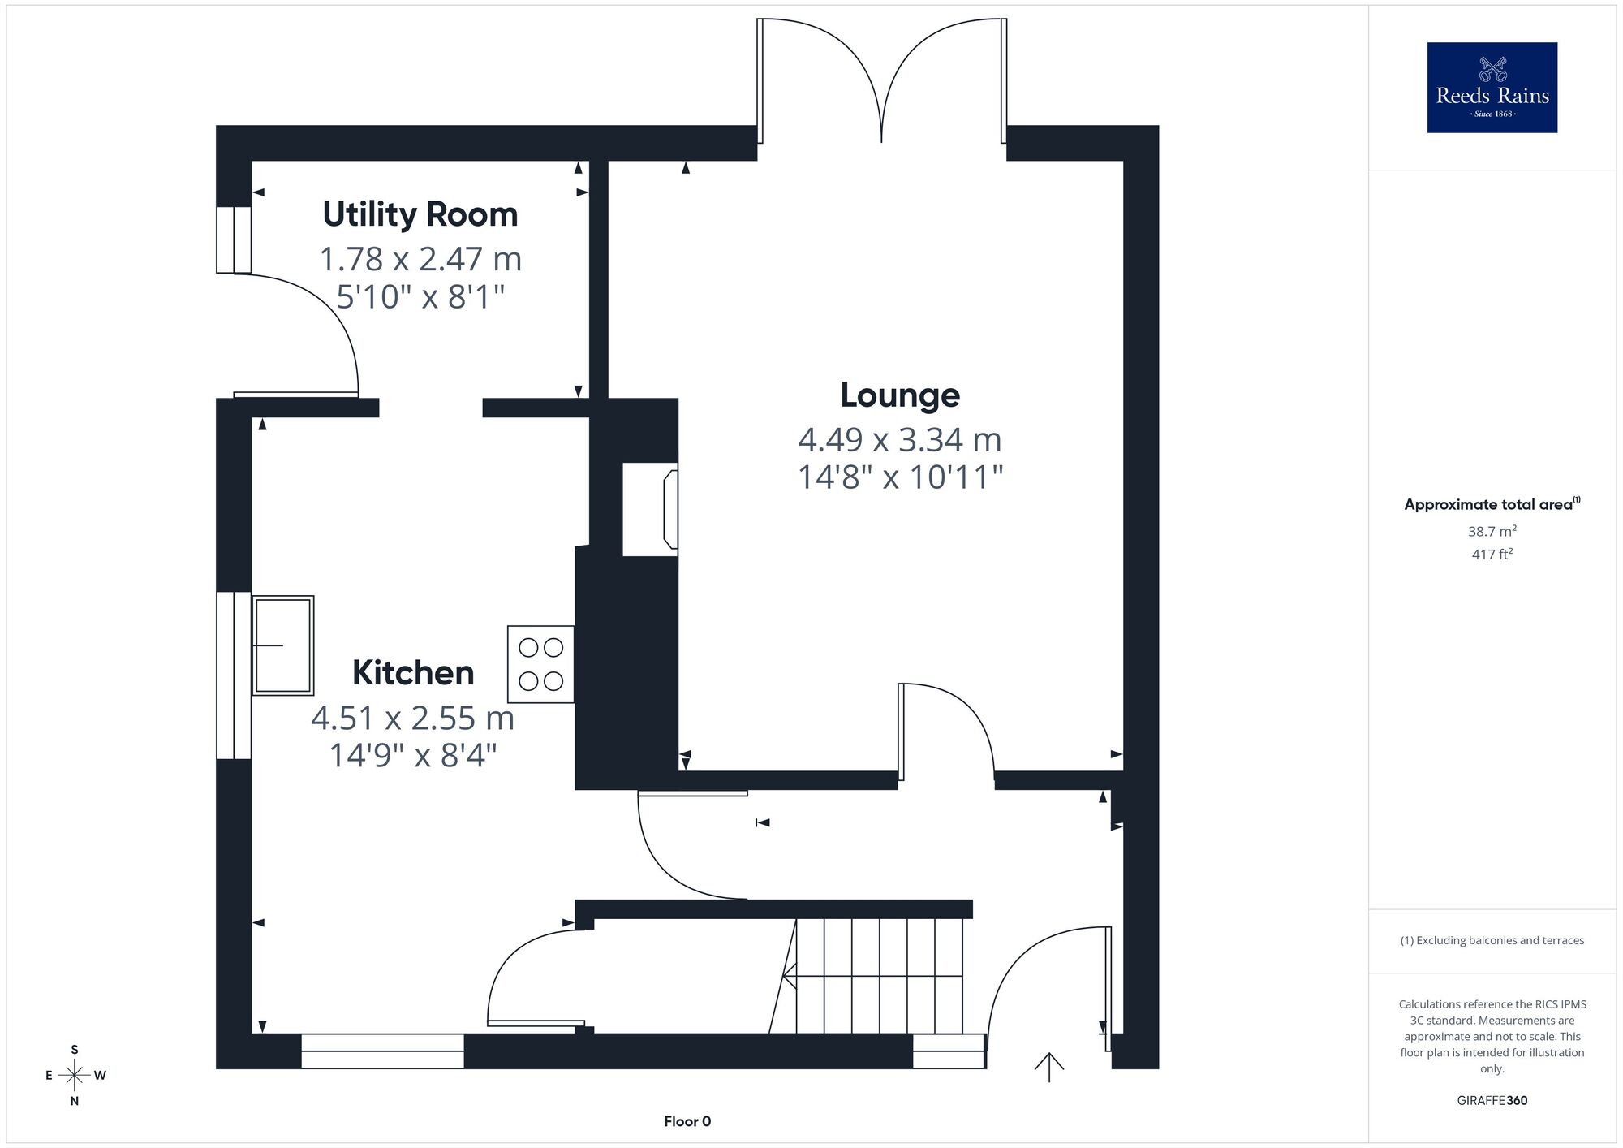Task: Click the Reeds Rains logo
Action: [1492, 88]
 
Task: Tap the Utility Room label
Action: [420, 214]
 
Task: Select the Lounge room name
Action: [900, 395]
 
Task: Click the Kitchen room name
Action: [413, 673]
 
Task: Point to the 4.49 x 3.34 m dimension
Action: [900, 440]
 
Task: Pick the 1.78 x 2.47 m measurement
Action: [420, 259]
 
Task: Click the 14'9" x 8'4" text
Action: [413, 756]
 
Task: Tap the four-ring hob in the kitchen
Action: [540, 664]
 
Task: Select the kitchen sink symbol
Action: [282, 645]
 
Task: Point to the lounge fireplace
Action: [650, 509]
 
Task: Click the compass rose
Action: [75, 1076]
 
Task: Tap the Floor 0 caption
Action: [687, 1122]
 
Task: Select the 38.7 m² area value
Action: [1492, 532]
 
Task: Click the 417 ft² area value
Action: [1492, 555]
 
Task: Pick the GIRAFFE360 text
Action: [1492, 1101]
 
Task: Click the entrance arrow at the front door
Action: [1049, 1067]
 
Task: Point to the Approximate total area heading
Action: [1492, 504]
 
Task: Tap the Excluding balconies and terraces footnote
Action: [1492, 941]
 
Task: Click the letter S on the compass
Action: [75, 1050]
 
